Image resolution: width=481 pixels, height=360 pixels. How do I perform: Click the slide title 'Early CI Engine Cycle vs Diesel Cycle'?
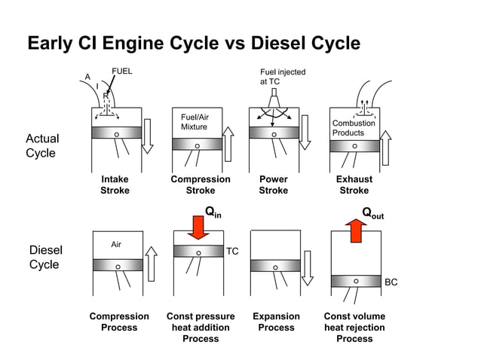pyautogui.click(x=194, y=43)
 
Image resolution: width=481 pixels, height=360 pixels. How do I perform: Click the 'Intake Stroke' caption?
pyautogui.click(x=115, y=185)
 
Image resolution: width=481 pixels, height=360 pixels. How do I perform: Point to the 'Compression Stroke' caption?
pyautogui.click(x=201, y=185)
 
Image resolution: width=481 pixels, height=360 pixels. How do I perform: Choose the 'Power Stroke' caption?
pyautogui.click(x=273, y=185)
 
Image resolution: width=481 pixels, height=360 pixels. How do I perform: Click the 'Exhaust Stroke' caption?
pyautogui.click(x=354, y=185)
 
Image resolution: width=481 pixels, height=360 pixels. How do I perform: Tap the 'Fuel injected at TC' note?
pyautogui.click(x=282, y=76)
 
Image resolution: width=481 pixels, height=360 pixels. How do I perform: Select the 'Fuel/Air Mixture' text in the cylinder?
pyautogui.click(x=195, y=122)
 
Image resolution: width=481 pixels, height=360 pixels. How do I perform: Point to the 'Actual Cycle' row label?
pyautogui.click(x=41, y=145)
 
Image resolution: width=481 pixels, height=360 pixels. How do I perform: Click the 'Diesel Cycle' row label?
pyautogui.click(x=45, y=257)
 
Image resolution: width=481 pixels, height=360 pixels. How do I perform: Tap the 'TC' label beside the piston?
pyautogui.click(x=232, y=252)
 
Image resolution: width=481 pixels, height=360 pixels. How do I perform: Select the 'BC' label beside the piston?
pyautogui.click(x=391, y=282)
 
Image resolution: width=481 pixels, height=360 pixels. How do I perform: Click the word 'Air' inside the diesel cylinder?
pyautogui.click(x=116, y=244)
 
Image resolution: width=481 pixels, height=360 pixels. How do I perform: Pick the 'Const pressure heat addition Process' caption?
pyautogui.click(x=201, y=328)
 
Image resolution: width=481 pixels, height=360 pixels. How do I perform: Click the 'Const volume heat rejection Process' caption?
pyautogui.click(x=354, y=328)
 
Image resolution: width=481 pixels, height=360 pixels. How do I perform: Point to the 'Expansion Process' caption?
pyautogui.click(x=276, y=322)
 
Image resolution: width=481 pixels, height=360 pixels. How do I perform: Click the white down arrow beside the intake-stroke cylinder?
pyautogui.click(x=148, y=136)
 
